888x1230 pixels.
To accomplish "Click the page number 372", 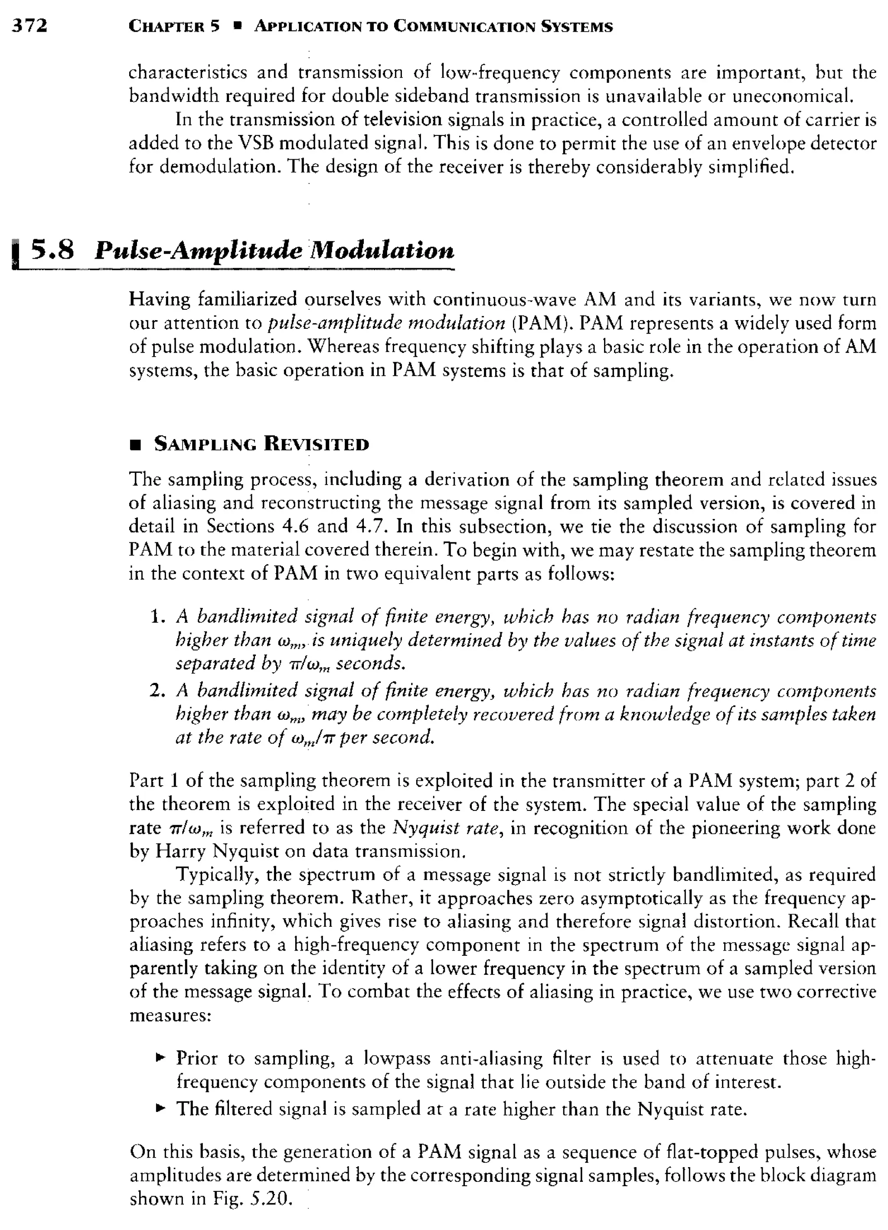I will (x=30, y=26).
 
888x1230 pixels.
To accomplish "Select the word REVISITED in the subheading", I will (x=316, y=444).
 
